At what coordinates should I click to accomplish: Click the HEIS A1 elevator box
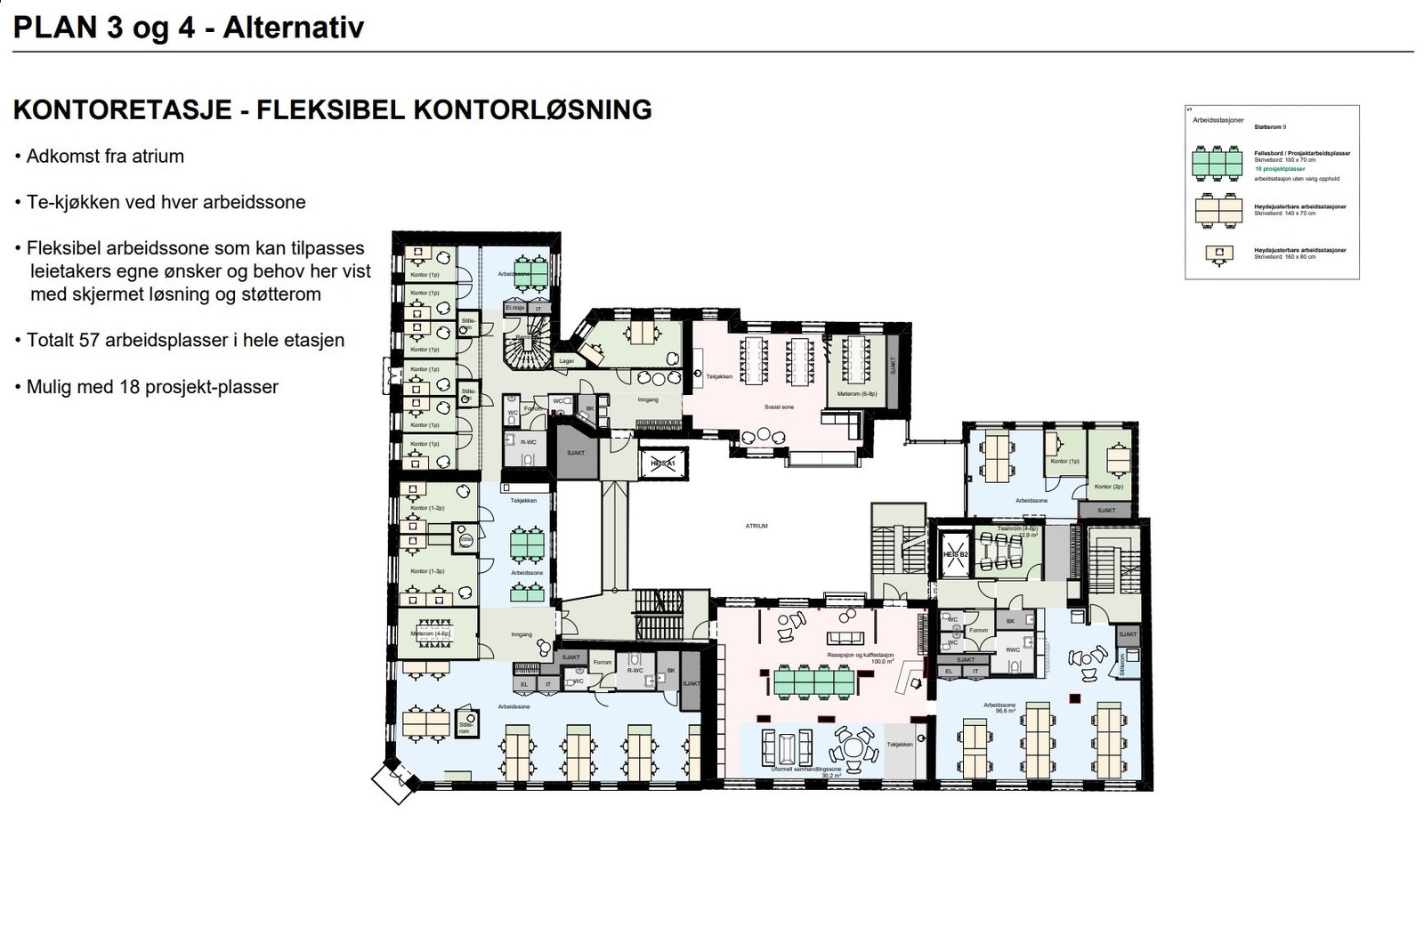click(x=663, y=463)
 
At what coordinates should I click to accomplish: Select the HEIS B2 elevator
click(x=955, y=553)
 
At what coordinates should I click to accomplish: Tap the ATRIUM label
click(x=756, y=526)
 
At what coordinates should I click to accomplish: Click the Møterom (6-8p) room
click(x=856, y=393)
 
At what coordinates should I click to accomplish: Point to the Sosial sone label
click(x=779, y=407)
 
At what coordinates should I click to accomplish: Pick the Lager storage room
click(x=567, y=361)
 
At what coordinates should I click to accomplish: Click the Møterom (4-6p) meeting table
click(x=430, y=634)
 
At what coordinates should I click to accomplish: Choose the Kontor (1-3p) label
click(x=427, y=571)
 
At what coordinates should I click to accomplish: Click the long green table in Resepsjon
click(x=813, y=682)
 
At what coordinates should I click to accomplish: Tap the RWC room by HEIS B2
click(x=1013, y=649)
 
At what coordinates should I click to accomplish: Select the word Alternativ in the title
click(x=294, y=28)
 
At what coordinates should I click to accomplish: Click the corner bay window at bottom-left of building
click(x=394, y=782)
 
